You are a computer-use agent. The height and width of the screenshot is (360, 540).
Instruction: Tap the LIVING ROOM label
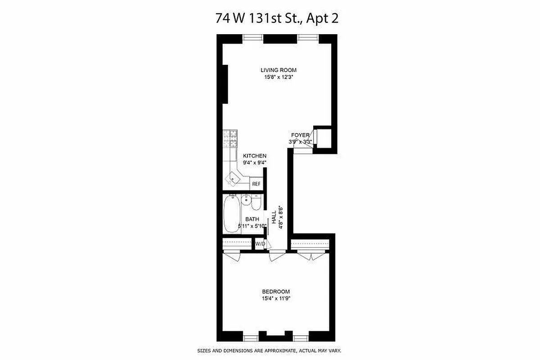[x=279, y=70]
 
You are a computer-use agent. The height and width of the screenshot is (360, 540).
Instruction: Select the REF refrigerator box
[x=256, y=184]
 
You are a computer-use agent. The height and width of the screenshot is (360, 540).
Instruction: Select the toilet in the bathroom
[x=256, y=203]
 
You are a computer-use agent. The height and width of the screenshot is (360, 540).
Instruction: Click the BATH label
[x=252, y=219]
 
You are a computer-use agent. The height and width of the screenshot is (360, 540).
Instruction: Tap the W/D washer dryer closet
[x=260, y=244]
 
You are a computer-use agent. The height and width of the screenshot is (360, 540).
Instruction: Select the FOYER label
[x=300, y=135]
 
